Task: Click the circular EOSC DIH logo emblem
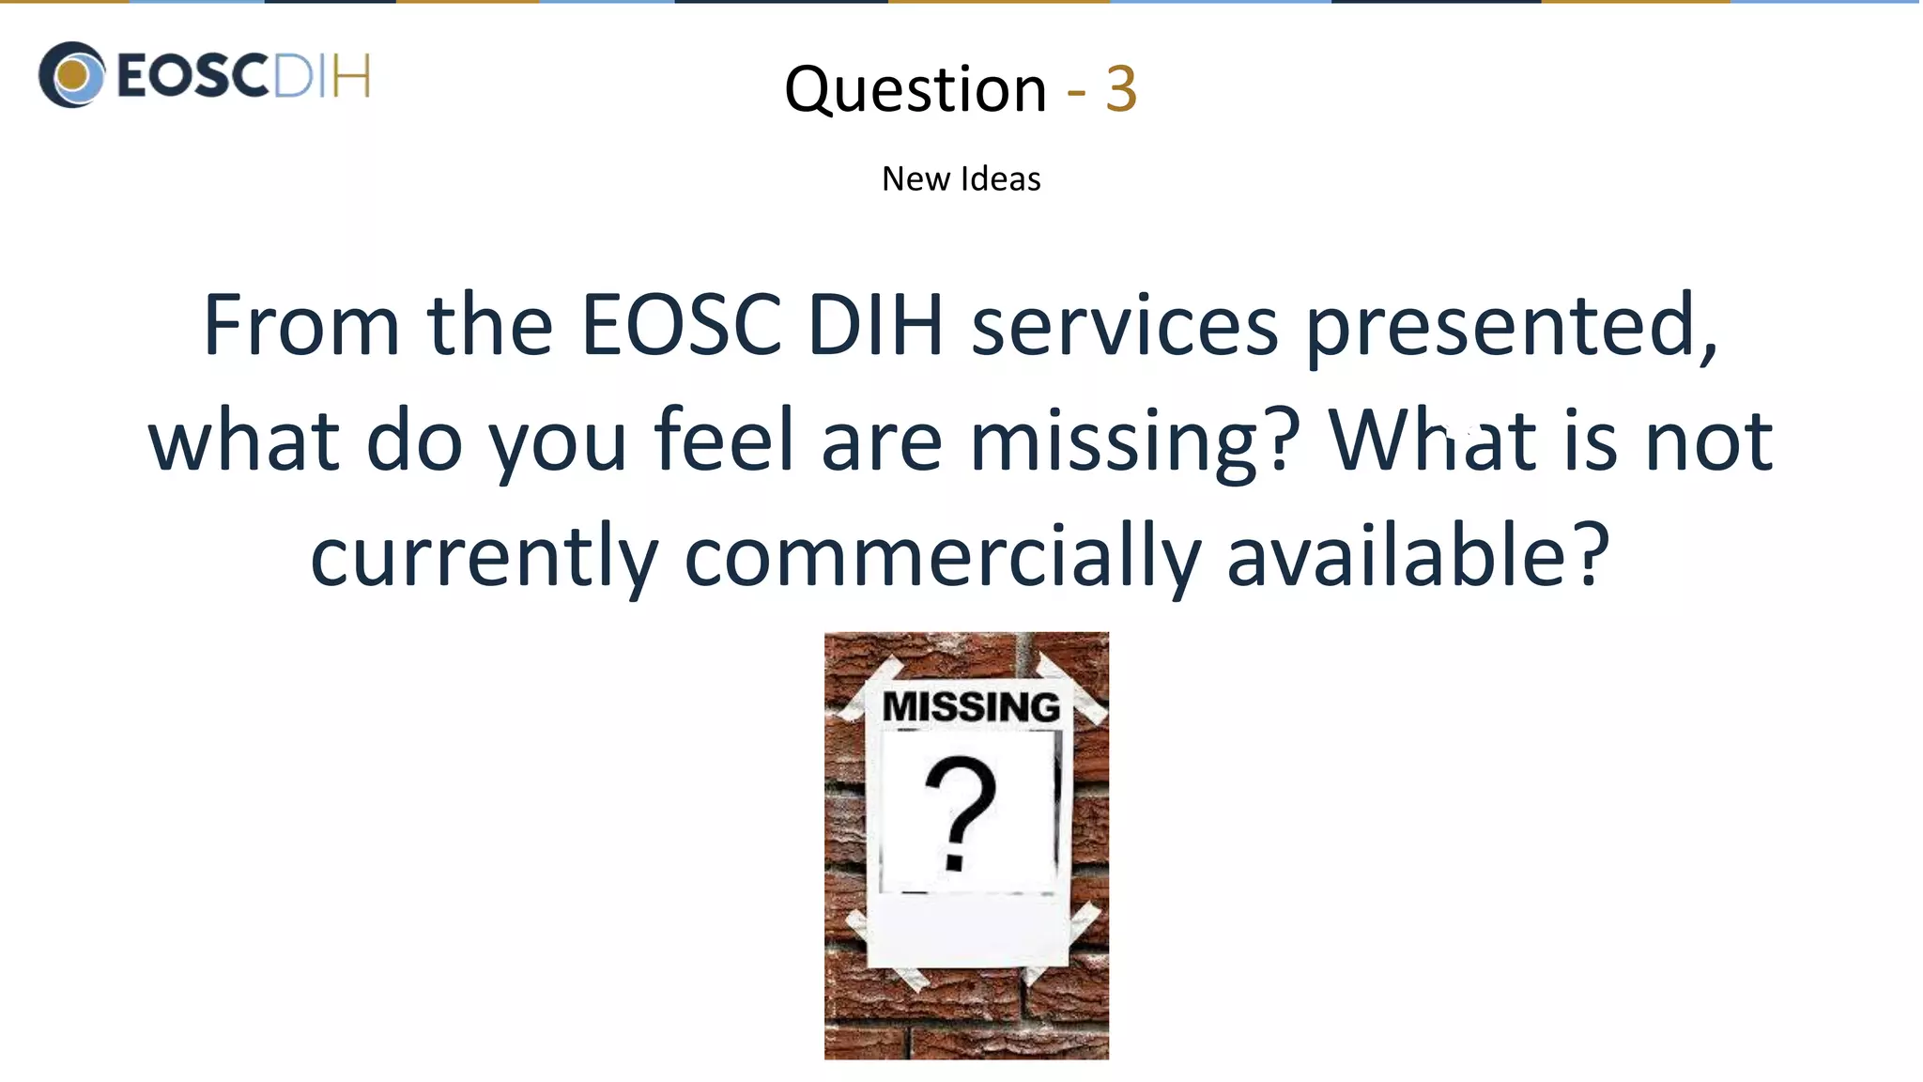pos(71,75)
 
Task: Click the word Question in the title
pos(915,90)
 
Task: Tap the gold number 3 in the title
pos(1121,90)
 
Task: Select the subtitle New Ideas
pos(961,178)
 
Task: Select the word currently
pos(484,558)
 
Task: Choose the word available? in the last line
pos(1418,556)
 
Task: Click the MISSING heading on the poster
pos(971,707)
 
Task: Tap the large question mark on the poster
pos(959,813)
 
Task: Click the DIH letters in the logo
pos(320,76)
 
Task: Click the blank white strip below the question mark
pos(967,930)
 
